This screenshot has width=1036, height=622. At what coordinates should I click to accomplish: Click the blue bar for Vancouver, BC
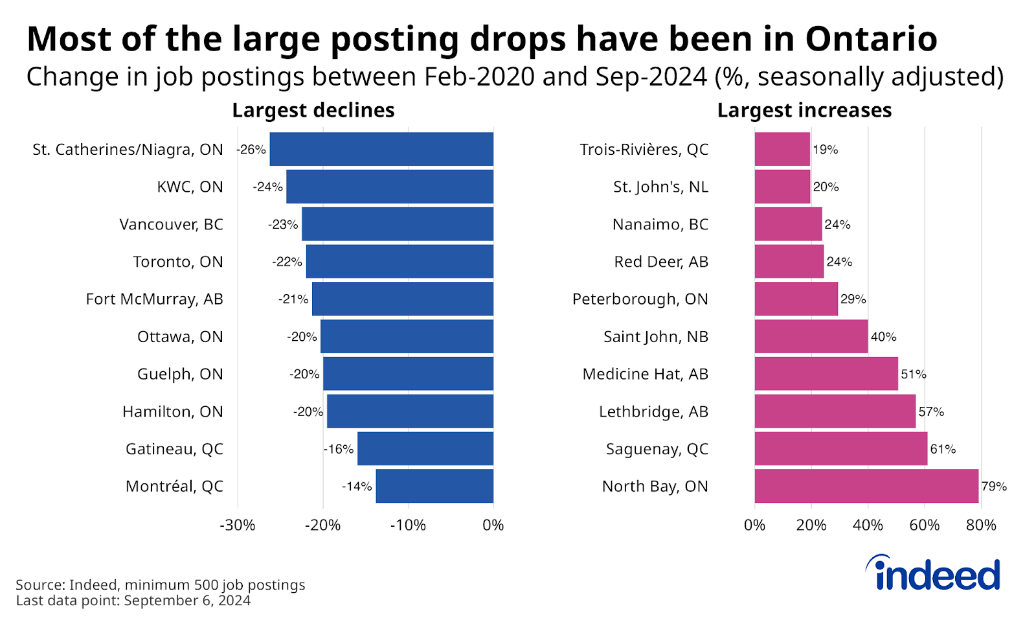coord(398,224)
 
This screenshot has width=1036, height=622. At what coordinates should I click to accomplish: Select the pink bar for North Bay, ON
coord(866,486)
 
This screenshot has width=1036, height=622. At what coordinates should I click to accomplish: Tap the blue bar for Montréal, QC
coord(434,486)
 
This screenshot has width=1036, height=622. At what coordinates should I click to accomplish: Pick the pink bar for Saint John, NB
coord(811,336)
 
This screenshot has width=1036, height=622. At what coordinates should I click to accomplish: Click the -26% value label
coord(251,150)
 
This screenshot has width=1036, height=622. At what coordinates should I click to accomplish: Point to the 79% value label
coord(994,487)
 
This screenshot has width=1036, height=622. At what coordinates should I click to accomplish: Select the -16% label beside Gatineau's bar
coord(339,449)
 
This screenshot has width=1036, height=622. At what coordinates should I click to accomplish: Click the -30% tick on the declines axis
coord(238,525)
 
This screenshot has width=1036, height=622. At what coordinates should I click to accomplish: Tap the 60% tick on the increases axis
coord(924,525)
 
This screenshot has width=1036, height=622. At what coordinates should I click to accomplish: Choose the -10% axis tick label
coord(408,525)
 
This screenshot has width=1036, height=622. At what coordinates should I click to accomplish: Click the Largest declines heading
coord(313,110)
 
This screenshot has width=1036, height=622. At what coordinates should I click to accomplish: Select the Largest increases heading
coord(804,110)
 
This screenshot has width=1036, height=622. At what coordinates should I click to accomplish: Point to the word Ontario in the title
coord(871,39)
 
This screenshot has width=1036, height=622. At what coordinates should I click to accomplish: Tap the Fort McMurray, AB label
coord(154,299)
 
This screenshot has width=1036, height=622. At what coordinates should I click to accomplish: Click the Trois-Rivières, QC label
coord(644,150)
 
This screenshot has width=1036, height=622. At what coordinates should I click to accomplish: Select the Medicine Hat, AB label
coord(645,374)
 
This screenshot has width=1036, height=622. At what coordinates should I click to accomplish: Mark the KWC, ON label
coord(190,187)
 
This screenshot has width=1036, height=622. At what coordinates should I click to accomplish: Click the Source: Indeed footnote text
coord(160,584)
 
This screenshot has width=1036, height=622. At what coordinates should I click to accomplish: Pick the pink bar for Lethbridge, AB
coord(835,411)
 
